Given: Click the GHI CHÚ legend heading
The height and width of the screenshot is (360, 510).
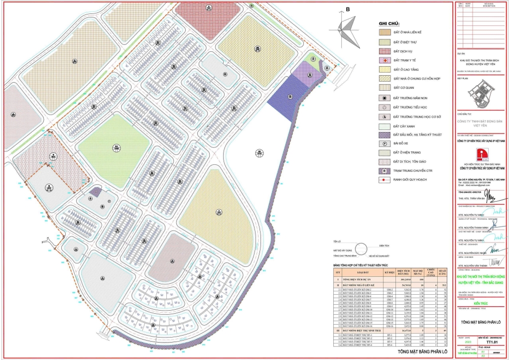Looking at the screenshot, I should pos(388,23).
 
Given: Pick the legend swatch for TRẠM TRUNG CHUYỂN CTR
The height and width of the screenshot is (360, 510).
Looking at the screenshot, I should pos(385,170).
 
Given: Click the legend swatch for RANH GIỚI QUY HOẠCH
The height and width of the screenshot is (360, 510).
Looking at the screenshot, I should pos(385,180).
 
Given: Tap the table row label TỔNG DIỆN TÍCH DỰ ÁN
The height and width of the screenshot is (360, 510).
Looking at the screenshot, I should pos(359,280).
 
